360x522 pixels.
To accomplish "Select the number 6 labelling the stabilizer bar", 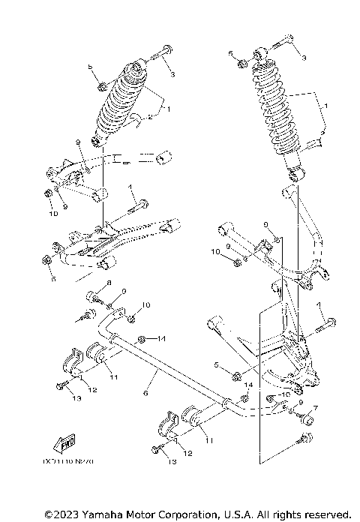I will (x=145, y=392).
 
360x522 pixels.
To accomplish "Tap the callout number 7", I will (x=316, y=407).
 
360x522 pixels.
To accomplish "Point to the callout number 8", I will (x=108, y=283).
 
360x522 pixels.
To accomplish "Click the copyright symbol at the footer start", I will (x=49, y=514).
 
